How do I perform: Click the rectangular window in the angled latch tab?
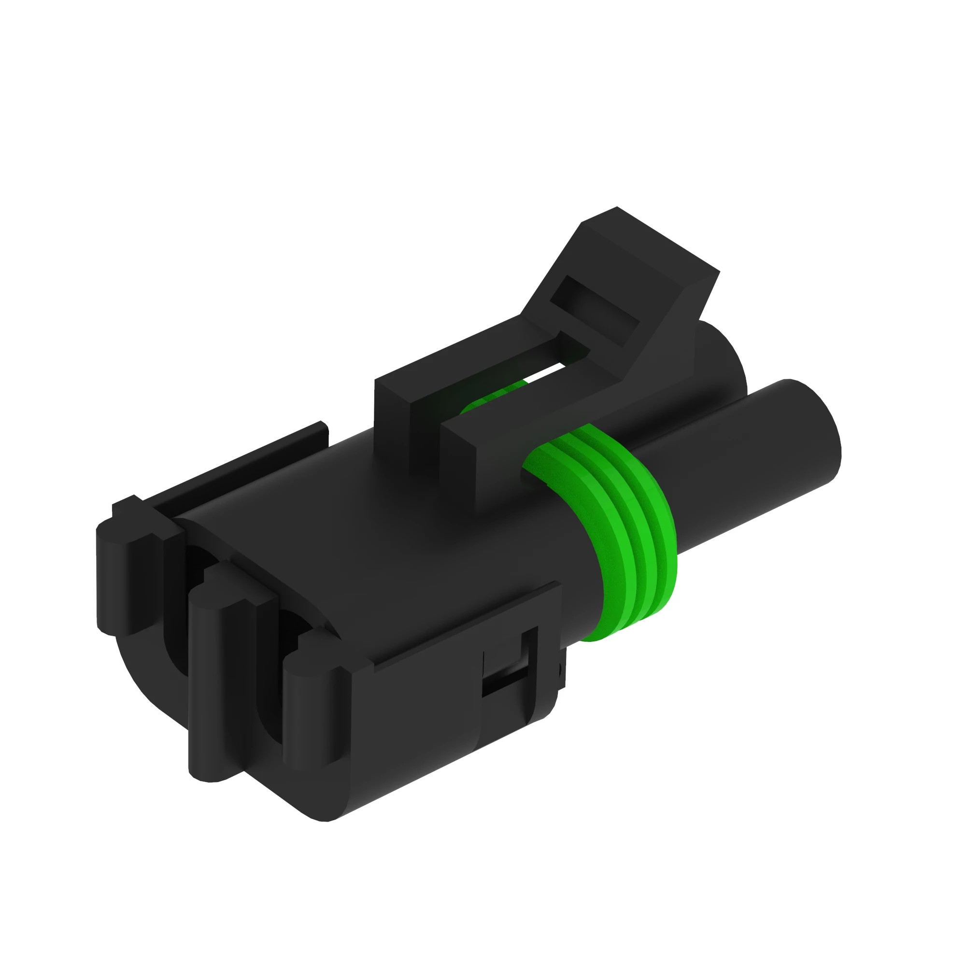tap(595, 310)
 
